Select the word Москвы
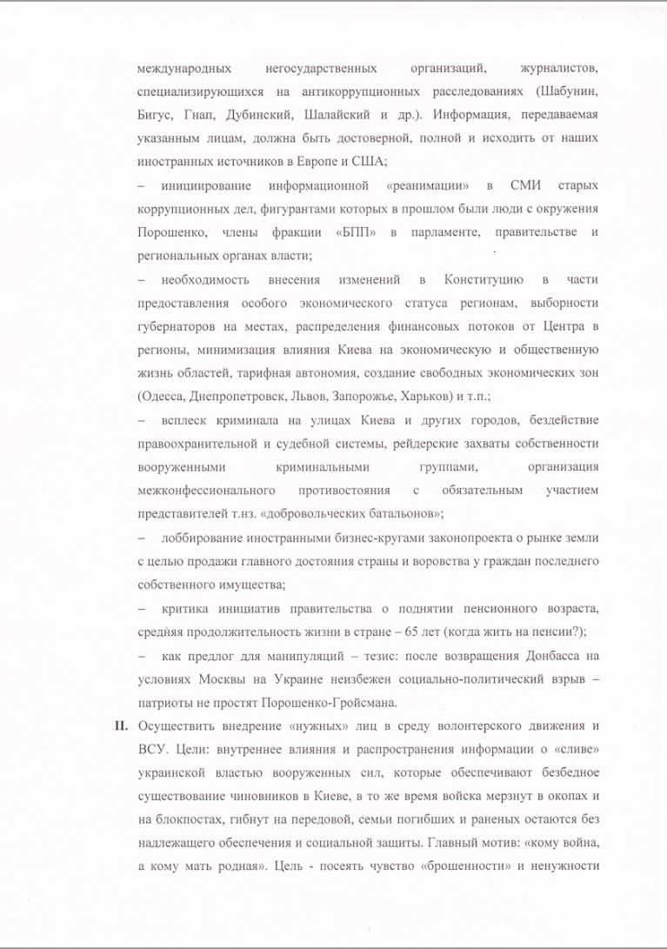click(213, 678)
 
